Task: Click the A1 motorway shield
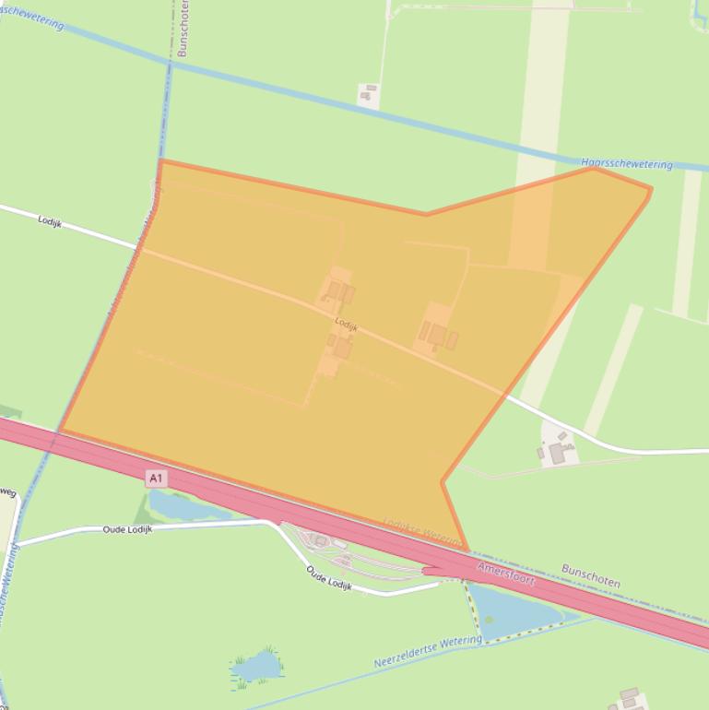pyautogui.click(x=156, y=478)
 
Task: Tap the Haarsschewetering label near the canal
pyautogui.click(x=627, y=163)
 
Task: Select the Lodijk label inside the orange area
pyautogui.click(x=346, y=325)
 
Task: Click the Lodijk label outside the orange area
pyautogui.click(x=50, y=220)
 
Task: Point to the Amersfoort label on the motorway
pyautogui.click(x=506, y=572)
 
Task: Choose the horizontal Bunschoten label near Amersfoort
pyautogui.click(x=590, y=576)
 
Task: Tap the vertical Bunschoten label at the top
pyautogui.click(x=183, y=28)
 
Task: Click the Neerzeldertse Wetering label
pyautogui.click(x=428, y=651)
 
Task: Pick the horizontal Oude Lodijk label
pyautogui.click(x=126, y=529)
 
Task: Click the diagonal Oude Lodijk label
pyautogui.click(x=329, y=577)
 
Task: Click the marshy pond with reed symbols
pyautogui.click(x=255, y=666)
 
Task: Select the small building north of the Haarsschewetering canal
pyautogui.click(x=368, y=94)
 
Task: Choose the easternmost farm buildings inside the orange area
pyautogui.click(x=437, y=336)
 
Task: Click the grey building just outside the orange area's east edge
pyautogui.click(x=557, y=453)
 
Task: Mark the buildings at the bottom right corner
pyautogui.click(x=629, y=699)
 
